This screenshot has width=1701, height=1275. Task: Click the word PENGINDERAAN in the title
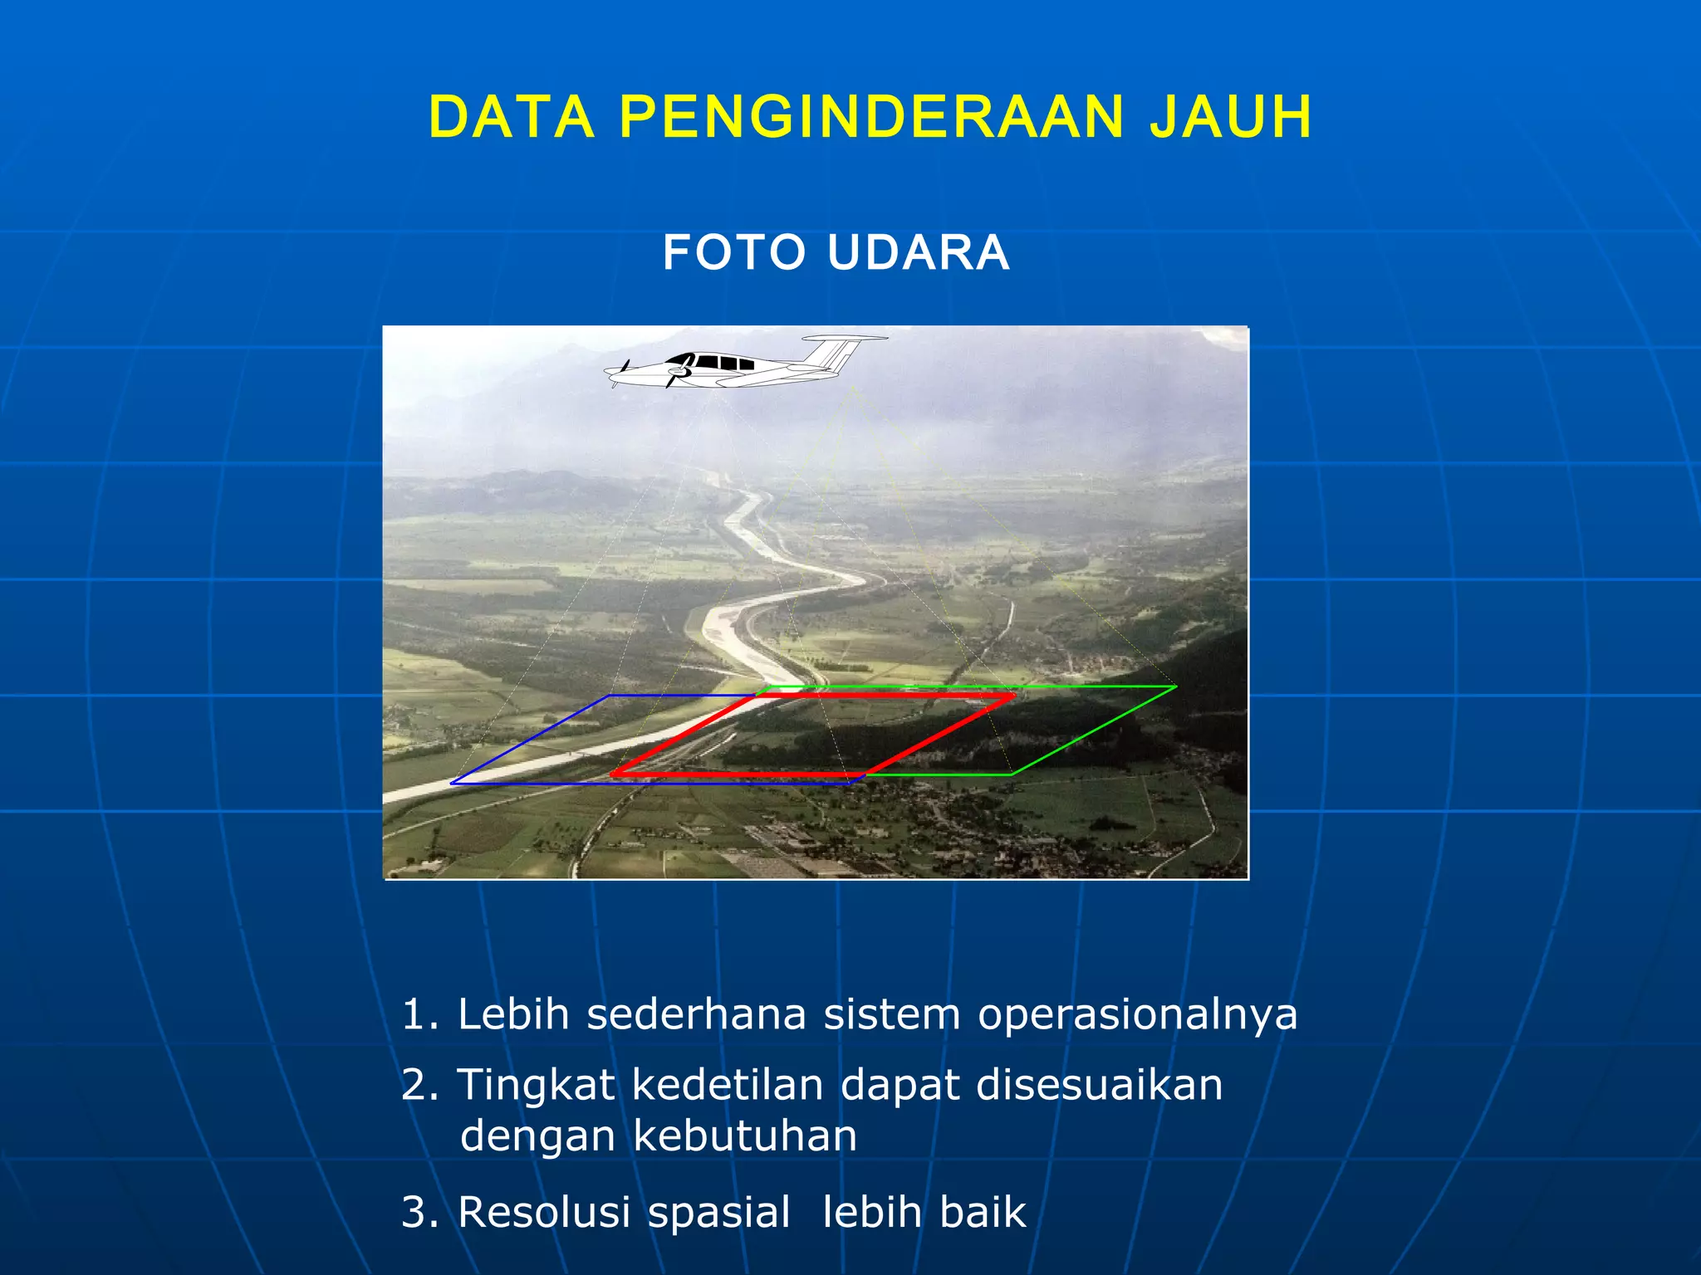click(x=871, y=117)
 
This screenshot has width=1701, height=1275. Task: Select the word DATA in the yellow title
click(x=512, y=117)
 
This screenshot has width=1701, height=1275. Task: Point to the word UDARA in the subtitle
click(x=919, y=252)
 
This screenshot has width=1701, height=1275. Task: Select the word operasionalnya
click(x=1137, y=1014)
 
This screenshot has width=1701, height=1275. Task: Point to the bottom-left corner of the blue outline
click(x=451, y=784)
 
